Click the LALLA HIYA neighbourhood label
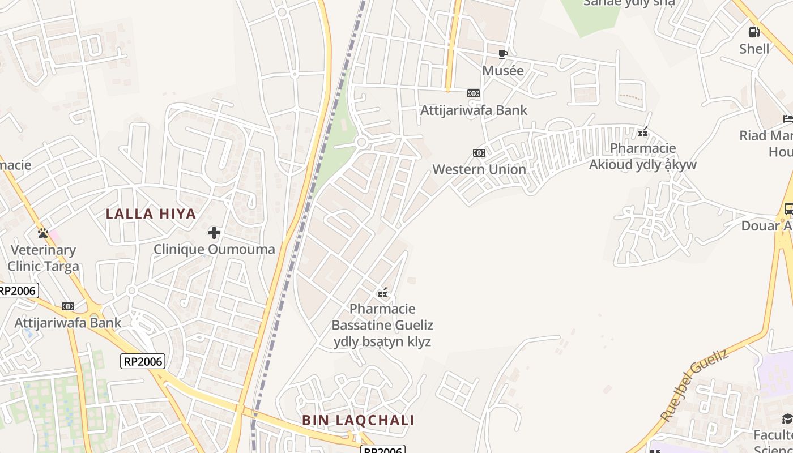click(x=151, y=214)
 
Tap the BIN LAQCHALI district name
click(x=358, y=420)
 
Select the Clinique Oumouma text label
click(x=214, y=249)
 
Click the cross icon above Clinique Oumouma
click(x=214, y=233)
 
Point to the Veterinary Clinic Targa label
click(x=43, y=258)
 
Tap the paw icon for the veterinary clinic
click(x=42, y=233)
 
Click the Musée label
click(x=503, y=70)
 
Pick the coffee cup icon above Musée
click(x=502, y=54)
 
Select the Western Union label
click(x=479, y=169)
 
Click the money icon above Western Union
click(x=479, y=153)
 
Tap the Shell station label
click(x=754, y=49)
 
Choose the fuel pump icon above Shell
click(x=754, y=32)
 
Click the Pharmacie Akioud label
click(x=643, y=156)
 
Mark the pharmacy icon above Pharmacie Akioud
click(x=643, y=133)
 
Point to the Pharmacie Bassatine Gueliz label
click(x=382, y=325)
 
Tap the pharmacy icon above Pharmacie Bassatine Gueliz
click(x=382, y=293)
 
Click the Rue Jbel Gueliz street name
click(x=694, y=385)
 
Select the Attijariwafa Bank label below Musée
click(x=474, y=110)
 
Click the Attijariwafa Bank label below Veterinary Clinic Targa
click(x=67, y=323)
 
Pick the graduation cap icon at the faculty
click(x=787, y=418)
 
